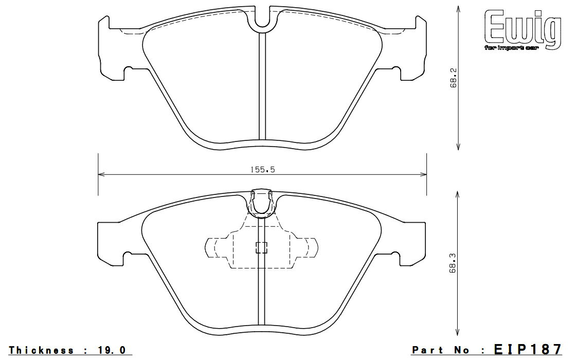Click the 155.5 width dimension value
coord(262,170)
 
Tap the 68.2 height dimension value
coord(453,78)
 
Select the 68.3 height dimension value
coord(453,263)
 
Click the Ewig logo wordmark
coord(523,28)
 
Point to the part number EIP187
coord(528,349)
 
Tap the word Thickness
coord(41,350)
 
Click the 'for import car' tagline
coord(511,48)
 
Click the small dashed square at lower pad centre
coord(261,247)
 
